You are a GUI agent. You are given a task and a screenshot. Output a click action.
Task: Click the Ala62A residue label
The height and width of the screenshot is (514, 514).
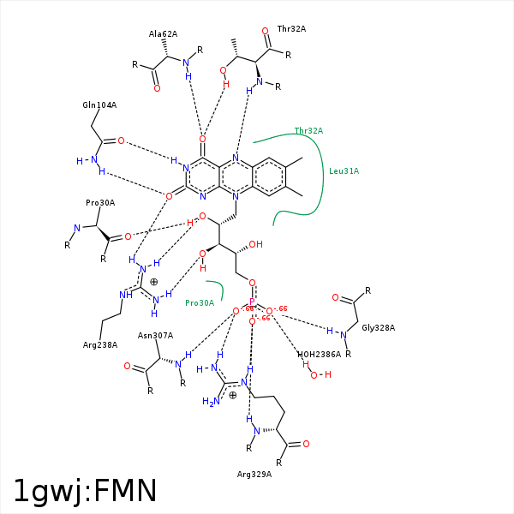pos(163,34)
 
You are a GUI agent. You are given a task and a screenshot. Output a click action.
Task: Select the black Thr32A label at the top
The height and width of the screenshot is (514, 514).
pos(291,28)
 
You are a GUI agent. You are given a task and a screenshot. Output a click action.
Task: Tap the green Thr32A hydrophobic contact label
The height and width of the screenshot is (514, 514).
pos(308,131)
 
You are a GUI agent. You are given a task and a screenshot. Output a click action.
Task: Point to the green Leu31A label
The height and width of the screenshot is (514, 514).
pos(344,171)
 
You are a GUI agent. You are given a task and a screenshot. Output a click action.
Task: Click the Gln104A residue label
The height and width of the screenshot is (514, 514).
pos(99,105)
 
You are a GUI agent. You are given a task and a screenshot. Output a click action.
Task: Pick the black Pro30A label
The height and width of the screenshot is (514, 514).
pos(100,203)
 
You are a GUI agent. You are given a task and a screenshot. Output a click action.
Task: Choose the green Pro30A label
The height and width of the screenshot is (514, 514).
pos(200,302)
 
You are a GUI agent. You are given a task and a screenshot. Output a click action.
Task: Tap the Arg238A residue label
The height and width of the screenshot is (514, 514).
pos(100,345)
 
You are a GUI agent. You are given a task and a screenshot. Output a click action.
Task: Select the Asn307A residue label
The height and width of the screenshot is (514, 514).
pos(155,336)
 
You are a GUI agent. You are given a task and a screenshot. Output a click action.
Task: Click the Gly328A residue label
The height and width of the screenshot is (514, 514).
pos(378,327)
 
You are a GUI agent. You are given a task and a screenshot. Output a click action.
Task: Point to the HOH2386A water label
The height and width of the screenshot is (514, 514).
pos(319,354)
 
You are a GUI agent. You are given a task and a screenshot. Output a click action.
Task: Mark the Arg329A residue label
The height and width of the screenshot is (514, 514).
pos(254,474)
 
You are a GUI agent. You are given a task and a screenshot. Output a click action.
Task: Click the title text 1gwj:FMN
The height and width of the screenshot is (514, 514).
pos(85,491)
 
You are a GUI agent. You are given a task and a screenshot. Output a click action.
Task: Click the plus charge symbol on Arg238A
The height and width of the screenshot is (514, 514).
pos(154,282)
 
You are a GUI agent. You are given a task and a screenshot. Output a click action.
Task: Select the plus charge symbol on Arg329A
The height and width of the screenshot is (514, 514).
pos(232,395)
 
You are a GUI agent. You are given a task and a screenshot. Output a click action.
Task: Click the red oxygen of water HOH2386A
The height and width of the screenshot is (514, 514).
pos(313,374)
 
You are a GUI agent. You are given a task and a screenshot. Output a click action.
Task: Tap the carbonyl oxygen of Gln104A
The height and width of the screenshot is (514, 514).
pos(121,140)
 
